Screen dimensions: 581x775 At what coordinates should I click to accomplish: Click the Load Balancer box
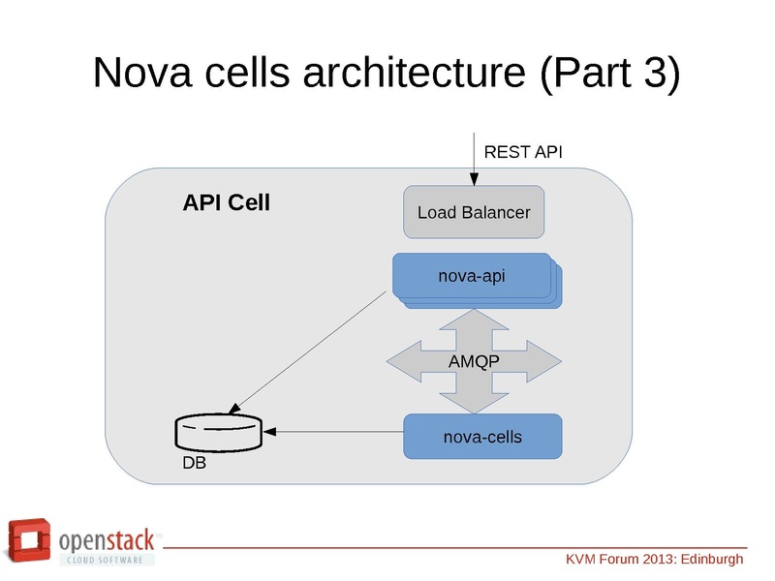click(474, 212)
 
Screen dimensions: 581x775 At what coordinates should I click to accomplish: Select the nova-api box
click(472, 276)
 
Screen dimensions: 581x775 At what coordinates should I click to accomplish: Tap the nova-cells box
click(482, 437)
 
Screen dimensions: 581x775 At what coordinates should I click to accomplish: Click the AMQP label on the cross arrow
click(474, 361)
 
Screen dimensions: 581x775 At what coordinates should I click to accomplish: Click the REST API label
click(522, 152)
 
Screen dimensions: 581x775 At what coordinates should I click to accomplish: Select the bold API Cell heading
click(226, 203)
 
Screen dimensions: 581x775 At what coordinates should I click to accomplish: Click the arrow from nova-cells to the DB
click(334, 431)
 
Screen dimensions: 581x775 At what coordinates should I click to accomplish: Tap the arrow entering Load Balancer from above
click(474, 160)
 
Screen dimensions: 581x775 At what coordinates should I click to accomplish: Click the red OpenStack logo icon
click(30, 541)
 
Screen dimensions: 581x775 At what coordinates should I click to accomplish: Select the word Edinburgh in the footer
click(711, 560)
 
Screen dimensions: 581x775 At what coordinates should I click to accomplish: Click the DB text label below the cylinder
click(194, 463)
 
